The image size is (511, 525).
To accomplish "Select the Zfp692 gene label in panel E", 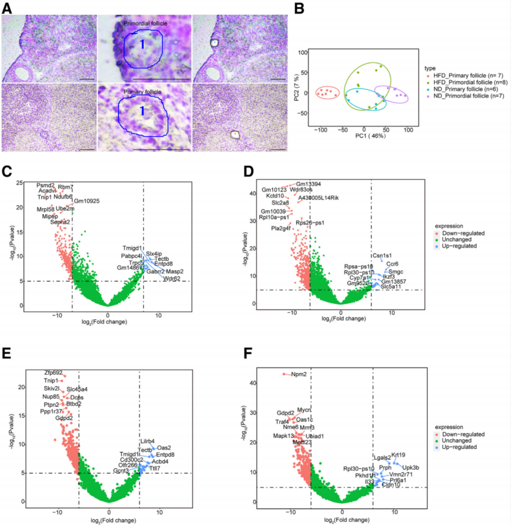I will point(54,373).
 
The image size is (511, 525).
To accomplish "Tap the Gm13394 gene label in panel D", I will point(308,184).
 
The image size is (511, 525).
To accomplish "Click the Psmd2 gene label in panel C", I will point(46,185).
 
